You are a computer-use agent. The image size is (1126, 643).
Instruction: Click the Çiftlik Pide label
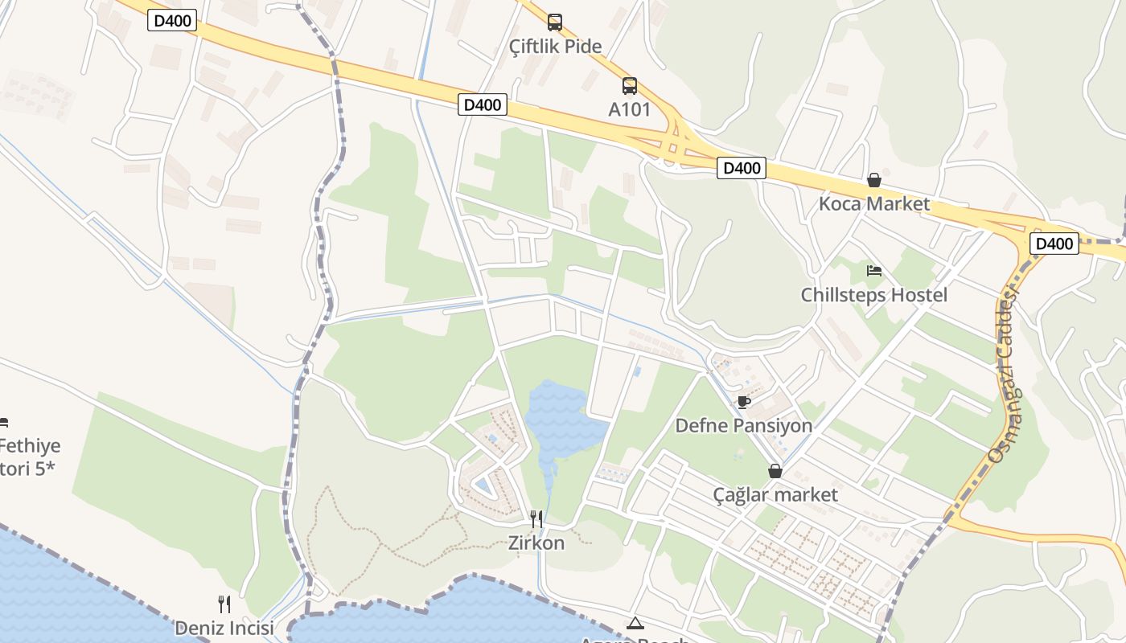tap(555, 47)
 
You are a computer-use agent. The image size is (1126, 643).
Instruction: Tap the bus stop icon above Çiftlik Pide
tap(555, 22)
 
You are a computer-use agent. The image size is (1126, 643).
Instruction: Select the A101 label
tap(629, 109)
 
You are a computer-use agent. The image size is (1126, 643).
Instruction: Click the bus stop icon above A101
tap(629, 85)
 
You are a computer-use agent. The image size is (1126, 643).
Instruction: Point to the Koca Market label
tap(873, 204)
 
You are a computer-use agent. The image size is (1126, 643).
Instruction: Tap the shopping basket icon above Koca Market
tap(874, 180)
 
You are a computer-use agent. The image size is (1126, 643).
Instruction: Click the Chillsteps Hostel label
tap(873, 295)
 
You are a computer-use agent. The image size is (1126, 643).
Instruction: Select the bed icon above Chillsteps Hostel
tap(874, 271)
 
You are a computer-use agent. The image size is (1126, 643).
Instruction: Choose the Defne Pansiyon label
tap(743, 426)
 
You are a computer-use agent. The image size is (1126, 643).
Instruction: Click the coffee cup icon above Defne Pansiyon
tap(744, 402)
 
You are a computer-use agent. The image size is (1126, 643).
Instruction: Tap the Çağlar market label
tap(775, 495)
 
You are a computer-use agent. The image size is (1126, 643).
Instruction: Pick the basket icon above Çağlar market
tap(775, 471)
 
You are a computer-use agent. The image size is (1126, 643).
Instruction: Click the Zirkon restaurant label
tap(536, 543)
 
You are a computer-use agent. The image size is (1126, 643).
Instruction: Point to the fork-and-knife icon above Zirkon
tap(536, 519)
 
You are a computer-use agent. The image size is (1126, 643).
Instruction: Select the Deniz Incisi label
tap(224, 628)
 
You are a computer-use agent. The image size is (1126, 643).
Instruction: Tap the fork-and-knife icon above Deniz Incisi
tap(224, 604)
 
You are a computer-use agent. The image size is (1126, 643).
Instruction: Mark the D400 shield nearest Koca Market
tap(741, 169)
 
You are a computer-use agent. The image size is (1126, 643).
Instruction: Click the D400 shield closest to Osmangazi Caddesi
tap(1054, 244)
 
